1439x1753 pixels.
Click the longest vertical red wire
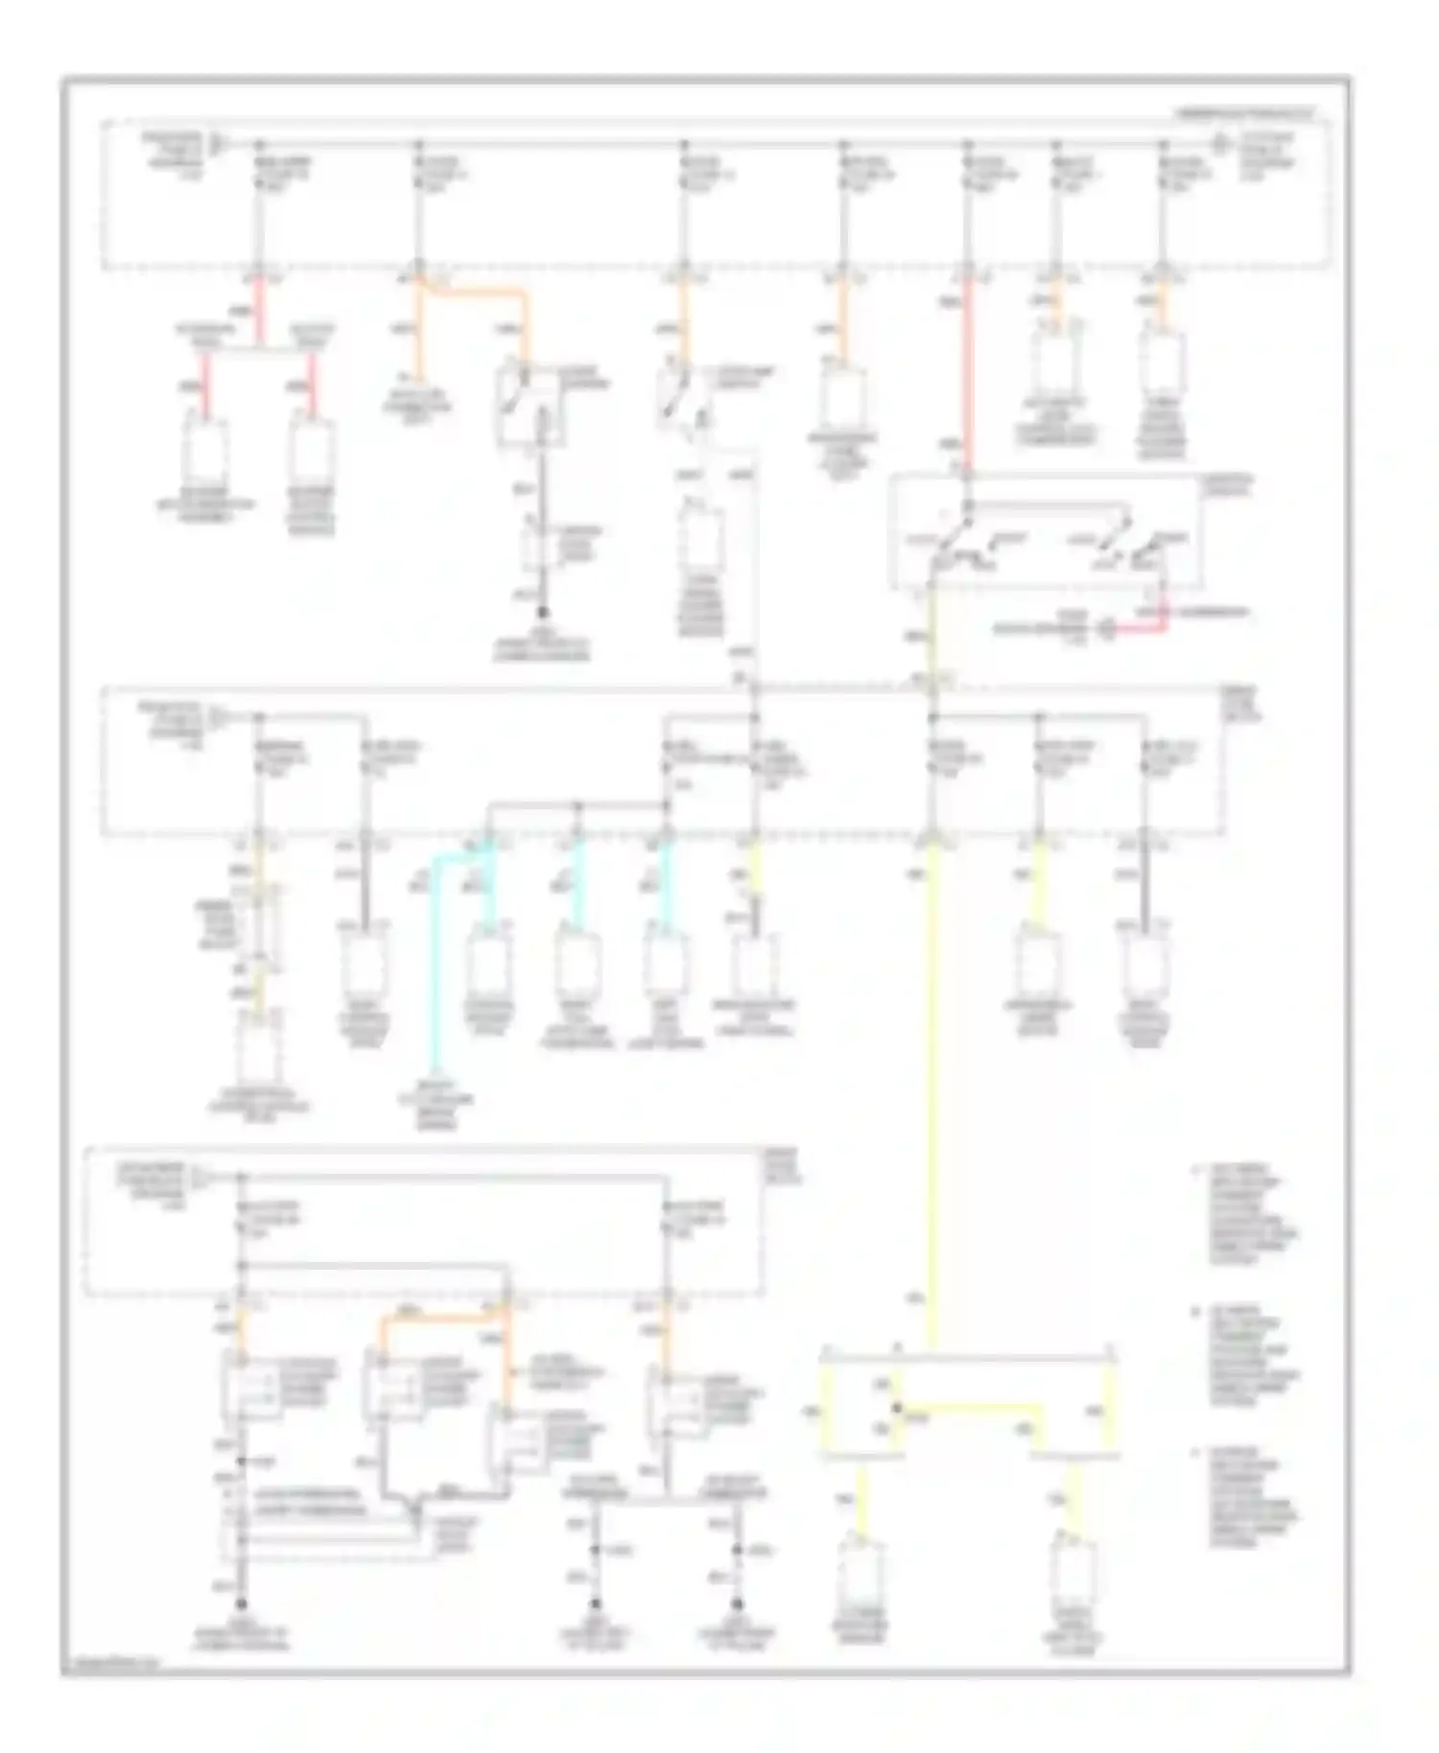tap(968, 374)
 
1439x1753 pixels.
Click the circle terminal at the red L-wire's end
tap(1106, 630)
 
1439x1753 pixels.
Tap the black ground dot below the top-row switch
tap(542, 612)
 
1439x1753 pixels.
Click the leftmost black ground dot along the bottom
tap(242, 1603)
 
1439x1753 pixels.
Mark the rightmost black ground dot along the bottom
tap(737, 1603)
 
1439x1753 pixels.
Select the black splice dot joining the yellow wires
tap(897, 1409)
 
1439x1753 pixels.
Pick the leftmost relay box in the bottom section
tap(251, 1387)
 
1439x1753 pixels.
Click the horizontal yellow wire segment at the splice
tap(969, 1408)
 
